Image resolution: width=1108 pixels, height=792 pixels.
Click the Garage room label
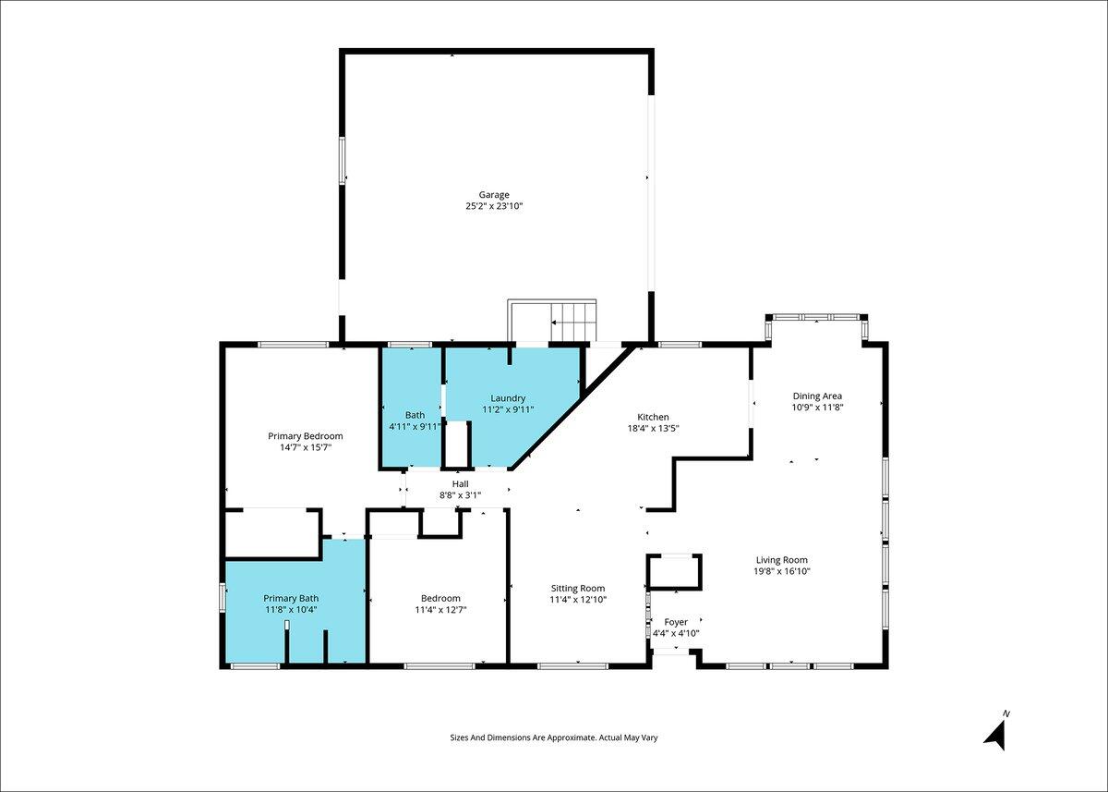point(494,195)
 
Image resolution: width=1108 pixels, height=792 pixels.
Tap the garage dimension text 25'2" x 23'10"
point(494,206)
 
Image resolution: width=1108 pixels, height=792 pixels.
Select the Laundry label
point(508,398)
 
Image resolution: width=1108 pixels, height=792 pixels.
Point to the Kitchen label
point(653,417)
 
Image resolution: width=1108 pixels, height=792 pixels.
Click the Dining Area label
point(817,396)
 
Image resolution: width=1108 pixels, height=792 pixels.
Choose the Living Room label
point(781,560)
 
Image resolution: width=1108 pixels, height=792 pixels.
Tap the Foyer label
point(676,622)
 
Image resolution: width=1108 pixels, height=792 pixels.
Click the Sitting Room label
point(578,588)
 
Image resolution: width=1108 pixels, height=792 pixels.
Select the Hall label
point(460,483)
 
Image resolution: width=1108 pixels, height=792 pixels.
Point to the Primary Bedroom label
point(306,436)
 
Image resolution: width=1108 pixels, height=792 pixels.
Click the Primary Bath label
point(291,599)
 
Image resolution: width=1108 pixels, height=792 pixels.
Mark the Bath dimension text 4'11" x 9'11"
point(415,426)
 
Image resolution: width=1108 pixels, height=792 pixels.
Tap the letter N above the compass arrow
point(1006,713)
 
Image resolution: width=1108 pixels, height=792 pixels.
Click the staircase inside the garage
point(552,321)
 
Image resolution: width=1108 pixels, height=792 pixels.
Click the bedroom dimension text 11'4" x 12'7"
point(440,609)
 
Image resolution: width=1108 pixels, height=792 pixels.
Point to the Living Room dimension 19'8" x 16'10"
point(781,571)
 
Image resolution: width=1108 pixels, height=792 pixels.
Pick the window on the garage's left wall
point(342,161)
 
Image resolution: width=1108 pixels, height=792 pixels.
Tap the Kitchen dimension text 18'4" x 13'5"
point(653,428)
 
